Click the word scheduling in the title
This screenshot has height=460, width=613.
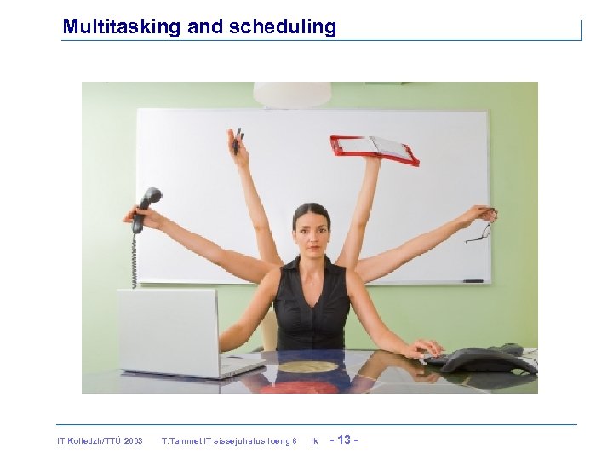pos(282,26)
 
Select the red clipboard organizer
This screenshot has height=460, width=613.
pos(375,149)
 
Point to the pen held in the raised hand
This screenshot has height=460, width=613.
pos(238,140)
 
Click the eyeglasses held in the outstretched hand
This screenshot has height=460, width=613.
pos(482,225)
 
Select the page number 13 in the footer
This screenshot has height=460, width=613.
pos(345,440)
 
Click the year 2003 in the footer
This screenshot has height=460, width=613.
pos(133,440)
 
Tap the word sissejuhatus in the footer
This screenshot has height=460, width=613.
pos(248,440)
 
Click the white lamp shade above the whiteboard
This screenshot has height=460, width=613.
pos(292,94)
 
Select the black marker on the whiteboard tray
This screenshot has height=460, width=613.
pos(473,280)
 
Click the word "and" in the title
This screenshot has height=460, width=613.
pos(204,26)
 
